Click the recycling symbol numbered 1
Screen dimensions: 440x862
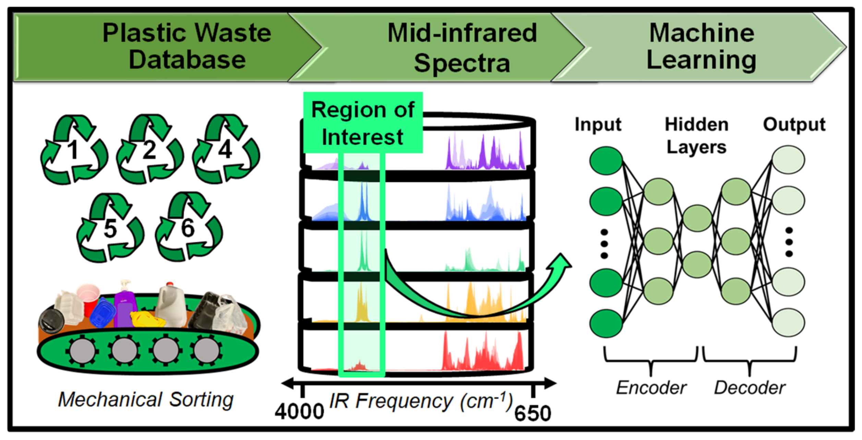coord(73,150)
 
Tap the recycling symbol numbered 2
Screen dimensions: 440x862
coord(149,150)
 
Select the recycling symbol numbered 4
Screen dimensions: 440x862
coord(226,150)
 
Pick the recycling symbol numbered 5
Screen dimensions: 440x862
coord(110,228)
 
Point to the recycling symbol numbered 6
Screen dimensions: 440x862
coord(188,228)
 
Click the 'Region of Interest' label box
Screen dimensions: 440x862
coord(363,123)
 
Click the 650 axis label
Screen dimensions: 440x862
coord(532,414)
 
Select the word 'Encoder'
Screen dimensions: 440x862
coord(651,388)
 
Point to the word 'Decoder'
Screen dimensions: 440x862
coord(750,388)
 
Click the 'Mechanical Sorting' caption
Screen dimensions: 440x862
coord(146,400)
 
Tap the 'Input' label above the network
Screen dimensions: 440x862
coord(598,124)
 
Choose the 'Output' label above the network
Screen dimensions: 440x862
coord(794,124)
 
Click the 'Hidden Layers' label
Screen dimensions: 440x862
coord(696,136)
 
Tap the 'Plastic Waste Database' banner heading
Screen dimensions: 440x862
coord(187,46)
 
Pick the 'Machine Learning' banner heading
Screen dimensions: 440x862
coord(702,46)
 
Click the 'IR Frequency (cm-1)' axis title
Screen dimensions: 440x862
coord(421,401)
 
